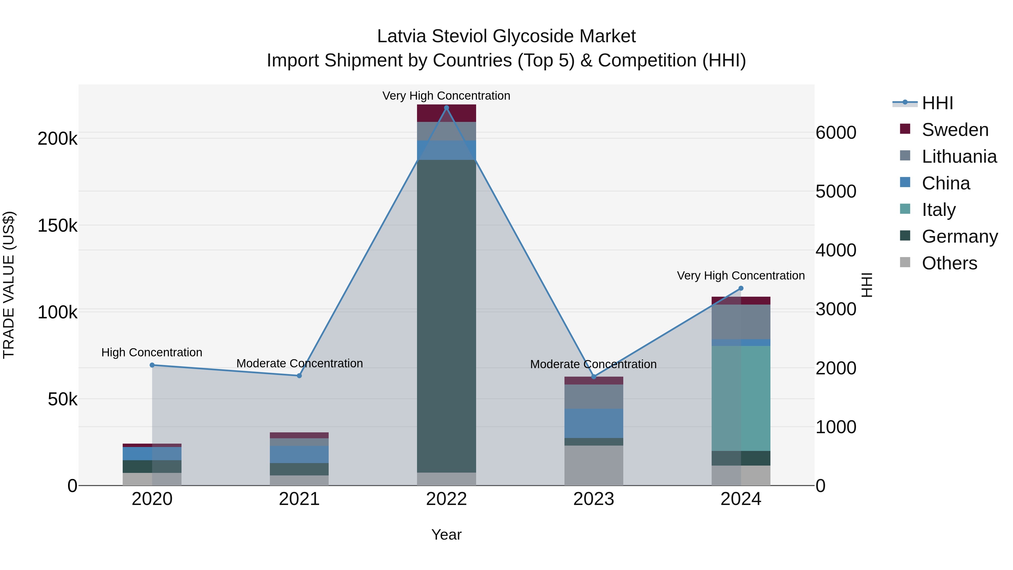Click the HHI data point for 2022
(446, 108)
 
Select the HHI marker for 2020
(152, 365)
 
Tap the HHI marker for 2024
(741, 288)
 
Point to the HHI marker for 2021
(299, 376)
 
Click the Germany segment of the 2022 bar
(446, 315)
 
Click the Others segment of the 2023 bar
(594, 465)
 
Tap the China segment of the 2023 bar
(594, 423)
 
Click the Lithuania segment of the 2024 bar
(741, 322)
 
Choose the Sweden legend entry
(955, 130)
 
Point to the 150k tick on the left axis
(57, 226)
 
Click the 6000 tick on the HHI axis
(836, 133)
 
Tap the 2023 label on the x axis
(594, 499)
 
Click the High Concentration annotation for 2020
(152, 352)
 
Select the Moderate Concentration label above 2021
(300, 363)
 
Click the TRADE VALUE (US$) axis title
(9, 285)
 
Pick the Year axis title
(446, 535)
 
